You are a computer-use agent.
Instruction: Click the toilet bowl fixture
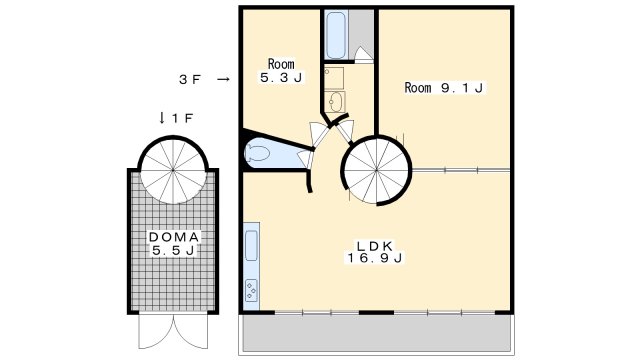tap(259, 154)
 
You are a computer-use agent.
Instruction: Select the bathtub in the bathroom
tap(335, 36)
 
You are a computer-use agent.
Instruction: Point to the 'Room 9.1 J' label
tap(444, 88)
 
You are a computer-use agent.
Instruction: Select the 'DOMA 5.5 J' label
tap(175, 244)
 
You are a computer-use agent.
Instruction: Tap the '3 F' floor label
tap(190, 78)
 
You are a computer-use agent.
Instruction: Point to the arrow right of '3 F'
tap(223, 78)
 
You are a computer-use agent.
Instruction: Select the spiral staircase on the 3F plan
tap(378, 169)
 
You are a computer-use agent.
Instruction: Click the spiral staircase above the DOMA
tap(170, 171)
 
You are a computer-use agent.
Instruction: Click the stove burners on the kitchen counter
tap(251, 290)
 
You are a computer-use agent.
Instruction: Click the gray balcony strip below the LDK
tap(374, 334)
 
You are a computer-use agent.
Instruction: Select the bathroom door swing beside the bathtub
tap(365, 56)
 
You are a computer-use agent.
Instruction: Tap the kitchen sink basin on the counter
tap(251, 245)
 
